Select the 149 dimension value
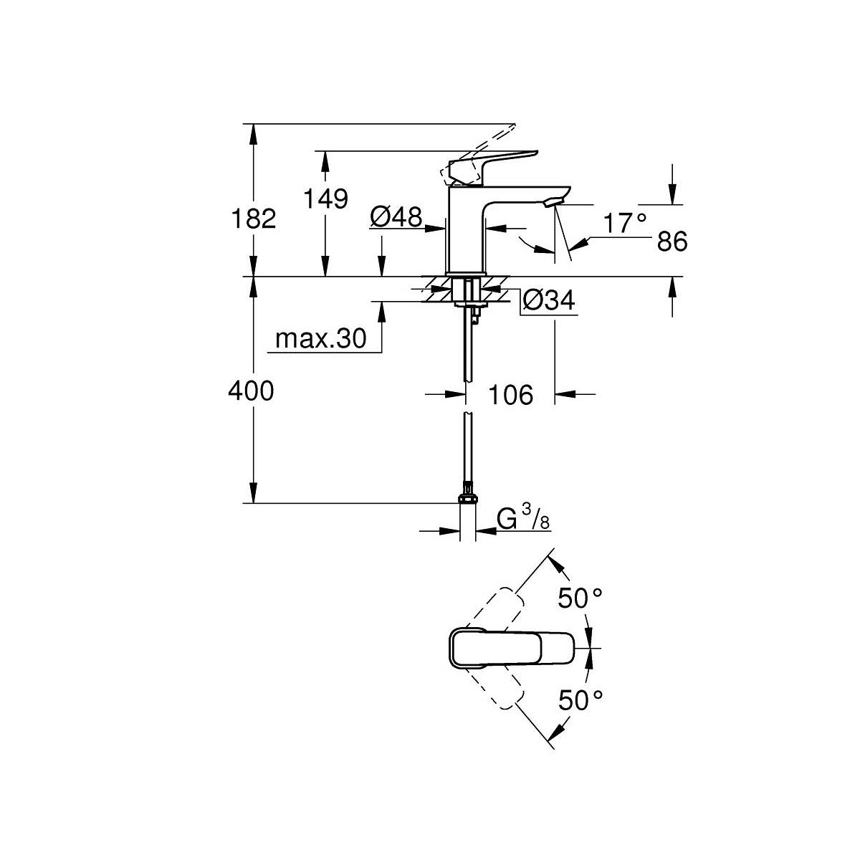pyautogui.click(x=325, y=199)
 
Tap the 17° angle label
pyautogui.click(x=623, y=224)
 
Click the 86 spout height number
pyautogui.click(x=672, y=242)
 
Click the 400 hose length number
pyautogui.click(x=251, y=391)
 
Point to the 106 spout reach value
pyautogui.click(x=510, y=394)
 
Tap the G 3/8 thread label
pyautogui.click(x=523, y=519)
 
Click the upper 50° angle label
pyautogui.click(x=580, y=598)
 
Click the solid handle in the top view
pyautogui.click(x=512, y=647)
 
